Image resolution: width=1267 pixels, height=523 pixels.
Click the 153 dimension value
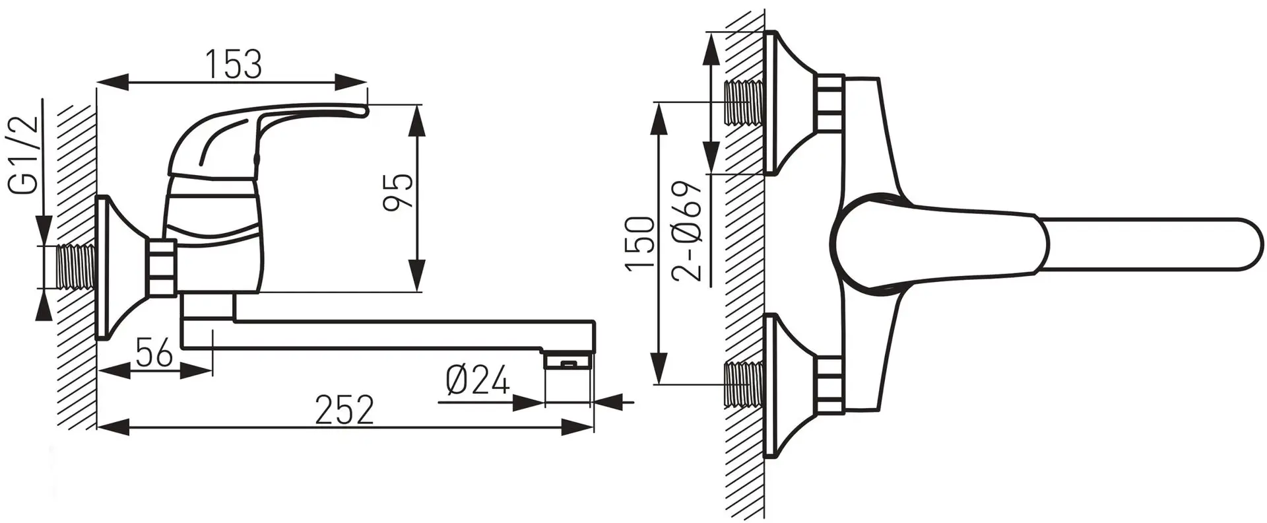pos(233,64)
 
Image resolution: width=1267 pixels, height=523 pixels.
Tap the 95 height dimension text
pos(399,192)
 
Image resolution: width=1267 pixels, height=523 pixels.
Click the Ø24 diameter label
pos(478,380)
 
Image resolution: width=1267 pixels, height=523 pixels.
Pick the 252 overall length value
pos(344,410)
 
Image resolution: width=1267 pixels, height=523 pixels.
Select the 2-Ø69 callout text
pos(688,232)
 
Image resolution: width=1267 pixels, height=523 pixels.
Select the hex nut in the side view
pos(163,267)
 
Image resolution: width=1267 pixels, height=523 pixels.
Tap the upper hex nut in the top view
pos(829,103)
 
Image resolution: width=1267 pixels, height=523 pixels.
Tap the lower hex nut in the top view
pos(829,385)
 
